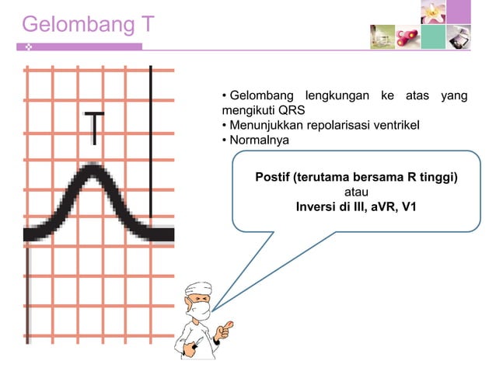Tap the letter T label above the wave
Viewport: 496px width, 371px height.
click(x=94, y=128)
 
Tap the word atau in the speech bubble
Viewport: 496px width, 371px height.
click(x=356, y=192)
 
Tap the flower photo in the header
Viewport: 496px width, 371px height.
click(x=433, y=12)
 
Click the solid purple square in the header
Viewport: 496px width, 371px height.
click(x=459, y=12)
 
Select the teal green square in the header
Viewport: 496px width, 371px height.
click(x=433, y=36)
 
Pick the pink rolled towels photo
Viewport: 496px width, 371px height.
click(x=407, y=36)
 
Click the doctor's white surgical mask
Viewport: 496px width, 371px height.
click(x=201, y=312)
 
